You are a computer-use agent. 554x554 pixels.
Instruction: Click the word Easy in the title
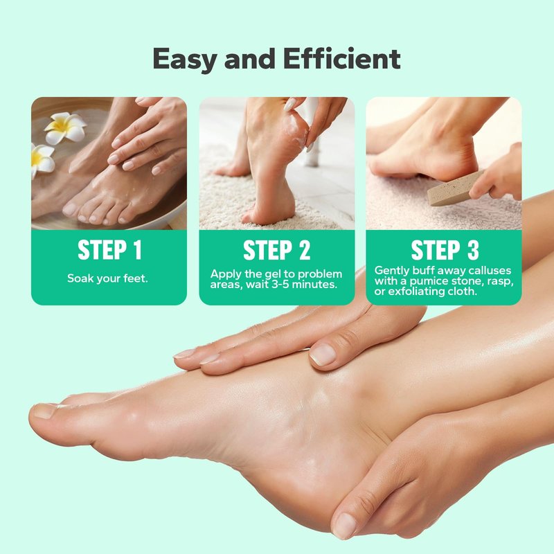click(x=184, y=60)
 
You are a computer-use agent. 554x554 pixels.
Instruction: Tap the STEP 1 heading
click(x=109, y=250)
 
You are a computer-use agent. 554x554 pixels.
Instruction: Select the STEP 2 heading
click(x=276, y=250)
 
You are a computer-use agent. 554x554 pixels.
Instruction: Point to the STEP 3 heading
click(x=445, y=250)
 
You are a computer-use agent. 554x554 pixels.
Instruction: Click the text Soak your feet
click(x=107, y=278)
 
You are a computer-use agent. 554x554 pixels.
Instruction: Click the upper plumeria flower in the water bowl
click(x=65, y=128)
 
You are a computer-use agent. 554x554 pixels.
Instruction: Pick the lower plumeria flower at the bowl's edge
click(x=42, y=161)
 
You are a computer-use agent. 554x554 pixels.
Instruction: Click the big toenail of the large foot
click(x=44, y=411)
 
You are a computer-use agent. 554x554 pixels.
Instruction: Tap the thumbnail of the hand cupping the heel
click(x=344, y=526)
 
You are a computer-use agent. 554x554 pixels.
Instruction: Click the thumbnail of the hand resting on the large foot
click(x=322, y=355)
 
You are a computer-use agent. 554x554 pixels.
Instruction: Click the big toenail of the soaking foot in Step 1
click(x=69, y=209)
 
